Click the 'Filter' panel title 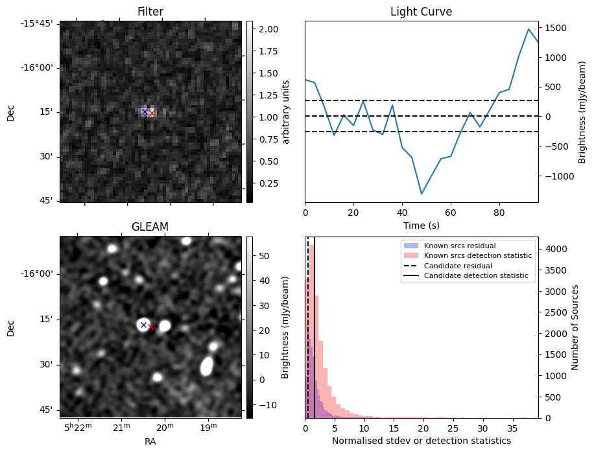tap(150, 12)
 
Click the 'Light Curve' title tap(421, 12)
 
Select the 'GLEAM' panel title tap(150, 226)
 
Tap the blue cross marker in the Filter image tap(145, 111)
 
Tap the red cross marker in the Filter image tap(152, 113)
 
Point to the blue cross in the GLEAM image tap(143, 325)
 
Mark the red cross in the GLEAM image tap(151, 327)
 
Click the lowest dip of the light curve tap(422, 194)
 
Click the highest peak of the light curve tap(529, 29)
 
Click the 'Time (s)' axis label tap(421, 224)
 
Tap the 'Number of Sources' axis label tap(574, 327)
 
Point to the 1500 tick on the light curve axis tap(555, 27)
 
